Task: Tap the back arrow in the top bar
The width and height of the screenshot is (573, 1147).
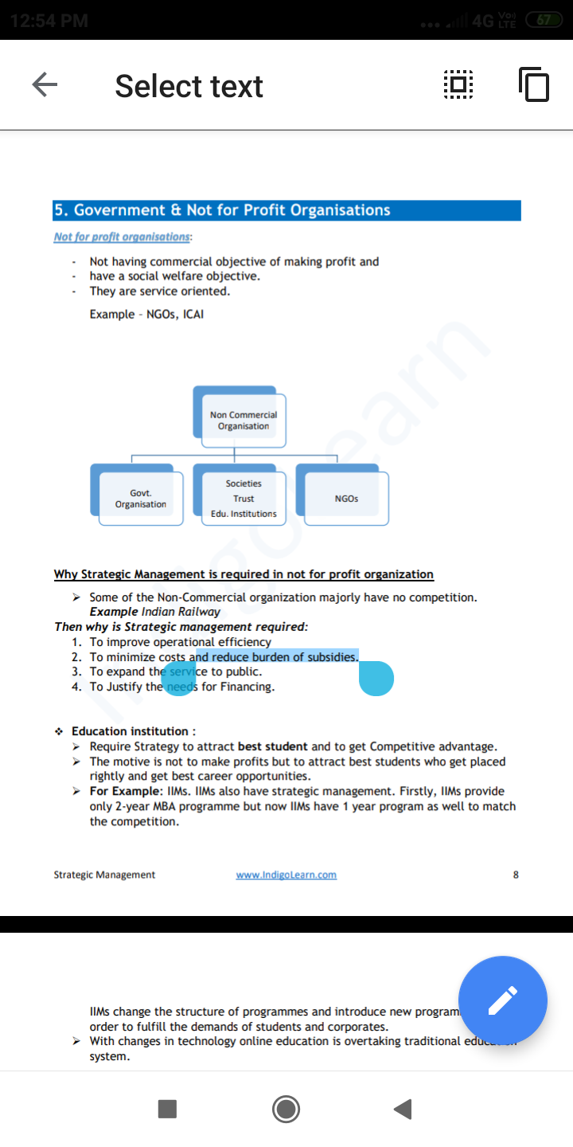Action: coord(45,85)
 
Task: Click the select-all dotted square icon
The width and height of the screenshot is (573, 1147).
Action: coord(458,85)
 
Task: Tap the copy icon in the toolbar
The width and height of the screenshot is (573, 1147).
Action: coord(533,85)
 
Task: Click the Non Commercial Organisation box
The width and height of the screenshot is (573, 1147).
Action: coord(243,420)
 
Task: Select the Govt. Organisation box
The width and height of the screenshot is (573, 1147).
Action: coord(140,499)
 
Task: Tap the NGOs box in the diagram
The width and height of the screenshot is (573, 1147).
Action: coord(346,499)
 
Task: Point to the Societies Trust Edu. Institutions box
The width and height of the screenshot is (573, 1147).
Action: coord(243,499)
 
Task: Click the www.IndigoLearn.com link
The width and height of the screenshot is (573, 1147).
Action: coord(286,875)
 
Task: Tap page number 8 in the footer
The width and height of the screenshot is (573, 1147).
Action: coord(516,875)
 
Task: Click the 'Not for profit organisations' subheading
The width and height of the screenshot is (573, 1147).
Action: coord(122,237)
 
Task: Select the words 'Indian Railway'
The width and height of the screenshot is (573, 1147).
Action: coord(181,612)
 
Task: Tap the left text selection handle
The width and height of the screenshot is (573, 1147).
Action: coord(179,678)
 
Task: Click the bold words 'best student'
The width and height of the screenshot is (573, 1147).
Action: coord(272,746)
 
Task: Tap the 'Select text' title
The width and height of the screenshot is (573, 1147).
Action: coord(189,86)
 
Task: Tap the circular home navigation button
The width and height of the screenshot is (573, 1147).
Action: coord(286,1109)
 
